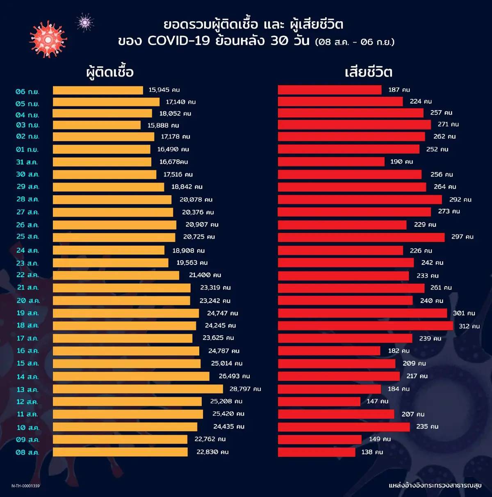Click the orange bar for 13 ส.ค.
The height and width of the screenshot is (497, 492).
tap(138, 389)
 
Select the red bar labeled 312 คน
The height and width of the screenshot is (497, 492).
tap(365, 326)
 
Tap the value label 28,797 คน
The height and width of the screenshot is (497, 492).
tap(245, 389)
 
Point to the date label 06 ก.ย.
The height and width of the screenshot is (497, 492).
tap(27, 92)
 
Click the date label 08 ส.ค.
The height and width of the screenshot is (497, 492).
tap(27, 452)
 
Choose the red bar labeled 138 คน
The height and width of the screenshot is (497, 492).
tap(317, 452)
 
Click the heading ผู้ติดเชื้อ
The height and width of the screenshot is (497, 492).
tap(110, 72)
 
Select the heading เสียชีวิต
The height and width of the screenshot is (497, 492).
tap(369, 72)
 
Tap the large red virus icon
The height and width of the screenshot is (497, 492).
tap(48, 40)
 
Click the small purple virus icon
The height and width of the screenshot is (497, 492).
tap(85, 23)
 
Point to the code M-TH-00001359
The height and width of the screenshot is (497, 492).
tap(25, 486)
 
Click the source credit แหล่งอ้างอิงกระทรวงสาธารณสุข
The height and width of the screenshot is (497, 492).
tap(435, 486)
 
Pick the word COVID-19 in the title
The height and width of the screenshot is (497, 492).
tap(179, 41)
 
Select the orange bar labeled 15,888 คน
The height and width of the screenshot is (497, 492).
tap(97, 125)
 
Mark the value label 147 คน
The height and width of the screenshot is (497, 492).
tap(377, 401)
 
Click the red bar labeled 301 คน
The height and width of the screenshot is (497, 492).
tap(362, 313)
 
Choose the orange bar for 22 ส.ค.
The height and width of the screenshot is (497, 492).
tap(116, 275)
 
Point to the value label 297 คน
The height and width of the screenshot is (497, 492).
tap(462, 237)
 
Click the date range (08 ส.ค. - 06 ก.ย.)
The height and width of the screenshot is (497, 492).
tap(355, 42)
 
